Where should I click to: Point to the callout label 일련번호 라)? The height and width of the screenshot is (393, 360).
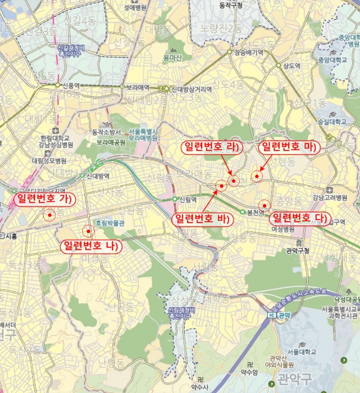(x=209, y=147)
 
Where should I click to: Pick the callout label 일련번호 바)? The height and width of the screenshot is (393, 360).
(x=202, y=218)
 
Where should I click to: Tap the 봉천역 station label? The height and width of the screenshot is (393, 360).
(x=256, y=212)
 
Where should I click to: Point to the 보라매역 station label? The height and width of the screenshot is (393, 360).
(x=137, y=88)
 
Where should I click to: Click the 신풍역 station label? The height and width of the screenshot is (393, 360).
(x=71, y=85)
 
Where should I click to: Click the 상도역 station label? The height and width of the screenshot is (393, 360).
(x=292, y=65)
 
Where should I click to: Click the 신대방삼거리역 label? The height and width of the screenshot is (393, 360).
(x=192, y=89)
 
